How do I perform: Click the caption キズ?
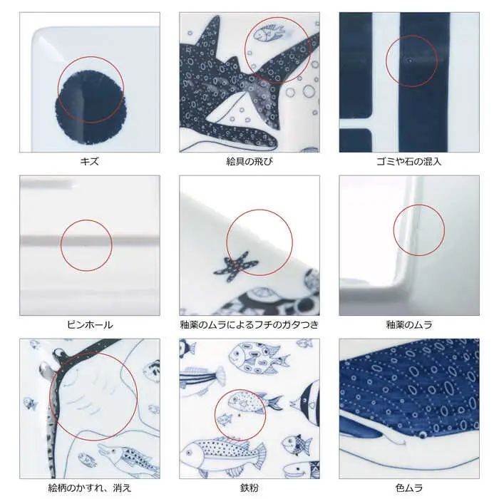click(89, 161)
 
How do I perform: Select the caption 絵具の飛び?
click(249, 161)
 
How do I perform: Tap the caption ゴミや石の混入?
click(409, 161)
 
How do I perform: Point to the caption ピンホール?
click(90, 324)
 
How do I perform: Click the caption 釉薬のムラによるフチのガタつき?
click(249, 324)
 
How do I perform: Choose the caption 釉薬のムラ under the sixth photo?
click(409, 324)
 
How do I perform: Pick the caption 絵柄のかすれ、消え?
click(90, 488)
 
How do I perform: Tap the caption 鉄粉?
click(249, 488)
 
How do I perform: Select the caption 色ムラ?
click(409, 488)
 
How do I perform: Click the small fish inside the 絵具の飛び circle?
click(268, 32)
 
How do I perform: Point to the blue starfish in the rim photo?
click(236, 266)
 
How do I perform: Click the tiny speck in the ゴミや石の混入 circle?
click(411, 60)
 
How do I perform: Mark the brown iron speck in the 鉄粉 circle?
click(240, 415)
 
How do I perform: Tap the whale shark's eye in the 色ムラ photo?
click(423, 434)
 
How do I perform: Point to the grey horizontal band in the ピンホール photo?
click(90, 241)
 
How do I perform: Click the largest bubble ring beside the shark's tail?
click(309, 91)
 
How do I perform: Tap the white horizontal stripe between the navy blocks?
click(356, 123)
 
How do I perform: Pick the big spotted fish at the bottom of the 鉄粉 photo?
click(222, 453)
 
